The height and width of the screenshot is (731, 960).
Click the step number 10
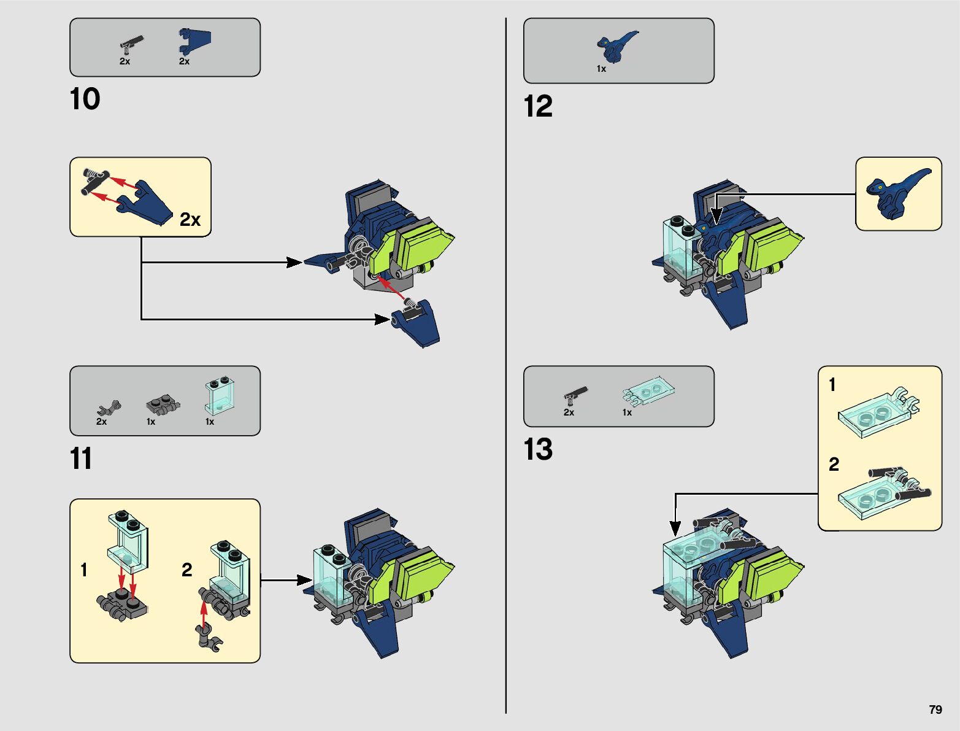point(85,99)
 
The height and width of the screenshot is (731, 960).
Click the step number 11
point(81,459)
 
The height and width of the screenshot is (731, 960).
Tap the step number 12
point(538,106)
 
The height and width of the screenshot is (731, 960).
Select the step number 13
point(538,449)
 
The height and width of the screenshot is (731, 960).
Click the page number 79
point(935,710)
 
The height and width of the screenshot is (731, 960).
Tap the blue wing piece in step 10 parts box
point(194,41)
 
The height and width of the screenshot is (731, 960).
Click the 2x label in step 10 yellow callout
point(190,220)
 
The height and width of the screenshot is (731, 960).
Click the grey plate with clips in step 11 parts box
point(163,405)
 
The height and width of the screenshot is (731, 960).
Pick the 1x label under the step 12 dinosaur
point(601,69)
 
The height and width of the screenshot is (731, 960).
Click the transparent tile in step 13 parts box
point(648,391)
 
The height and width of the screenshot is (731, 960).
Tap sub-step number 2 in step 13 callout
point(834,464)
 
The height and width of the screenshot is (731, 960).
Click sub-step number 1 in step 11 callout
point(84,570)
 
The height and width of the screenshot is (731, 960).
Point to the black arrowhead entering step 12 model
point(716,217)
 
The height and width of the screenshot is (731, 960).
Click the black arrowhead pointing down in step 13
point(675,528)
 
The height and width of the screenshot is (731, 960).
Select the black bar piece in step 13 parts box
point(575,393)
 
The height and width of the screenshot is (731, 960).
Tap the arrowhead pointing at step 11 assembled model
point(305,580)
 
